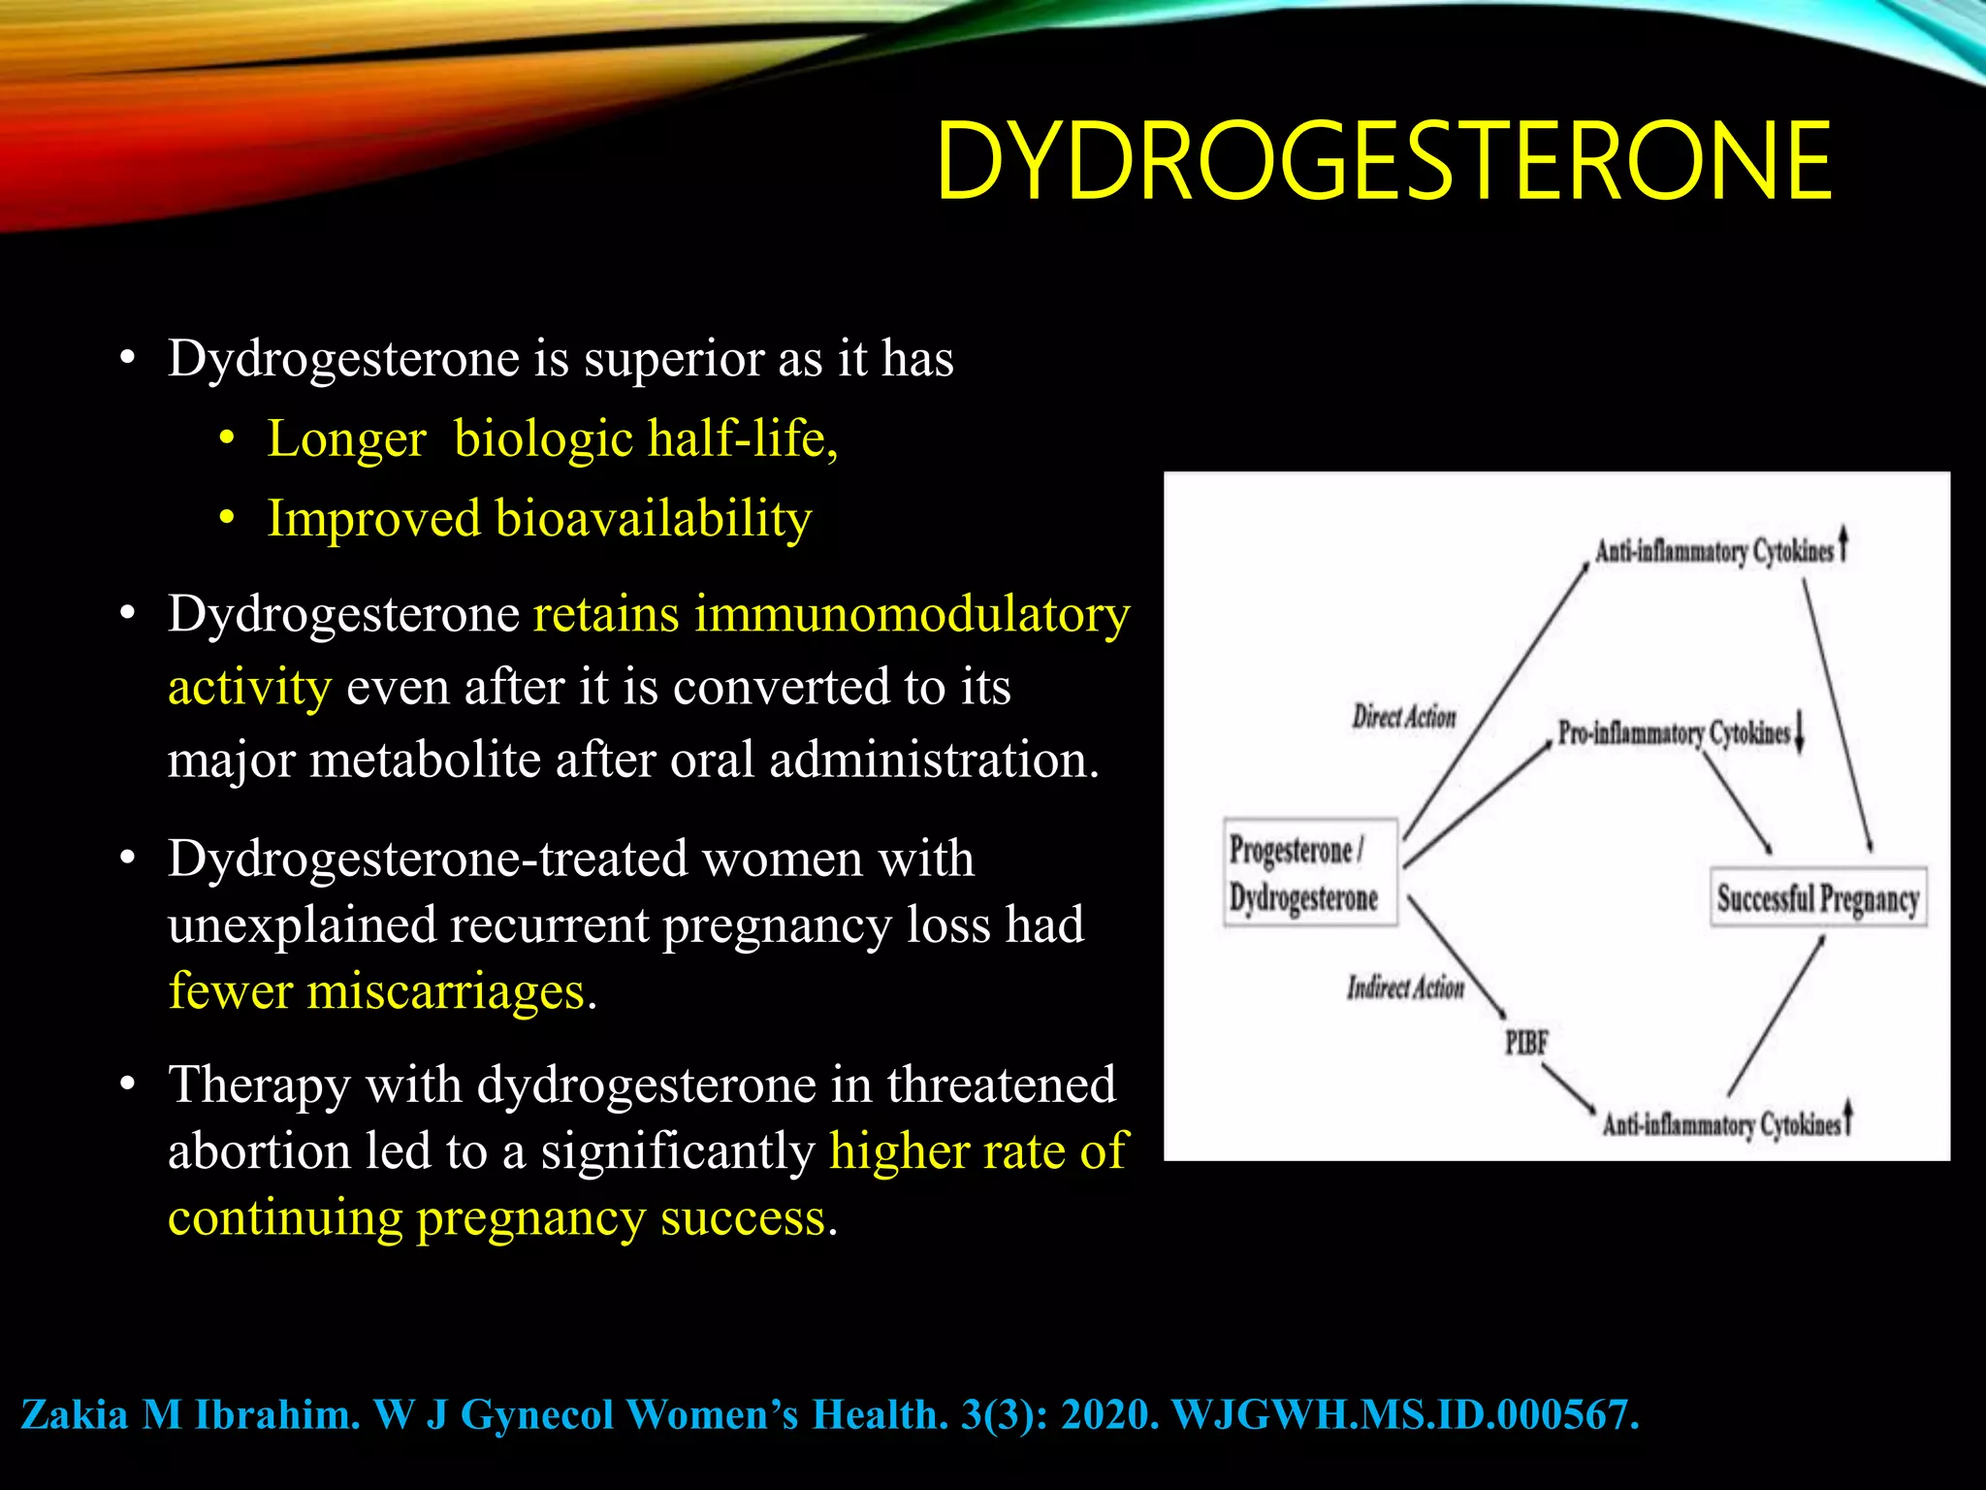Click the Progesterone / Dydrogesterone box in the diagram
[x=1309, y=873]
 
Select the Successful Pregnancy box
[x=1817, y=898]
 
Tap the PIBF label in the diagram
[x=1526, y=1044]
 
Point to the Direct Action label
[x=1404, y=717]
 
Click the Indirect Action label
[x=1405, y=988]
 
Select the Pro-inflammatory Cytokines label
[x=1674, y=732]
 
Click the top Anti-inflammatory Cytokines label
[x=1714, y=551]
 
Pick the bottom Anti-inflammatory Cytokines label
[x=1720, y=1124]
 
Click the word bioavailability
[x=654, y=518]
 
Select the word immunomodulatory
[x=912, y=614]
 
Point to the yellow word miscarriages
[x=445, y=991]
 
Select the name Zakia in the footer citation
[x=75, y=1414]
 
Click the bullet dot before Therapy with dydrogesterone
[x=127, y=1085]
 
